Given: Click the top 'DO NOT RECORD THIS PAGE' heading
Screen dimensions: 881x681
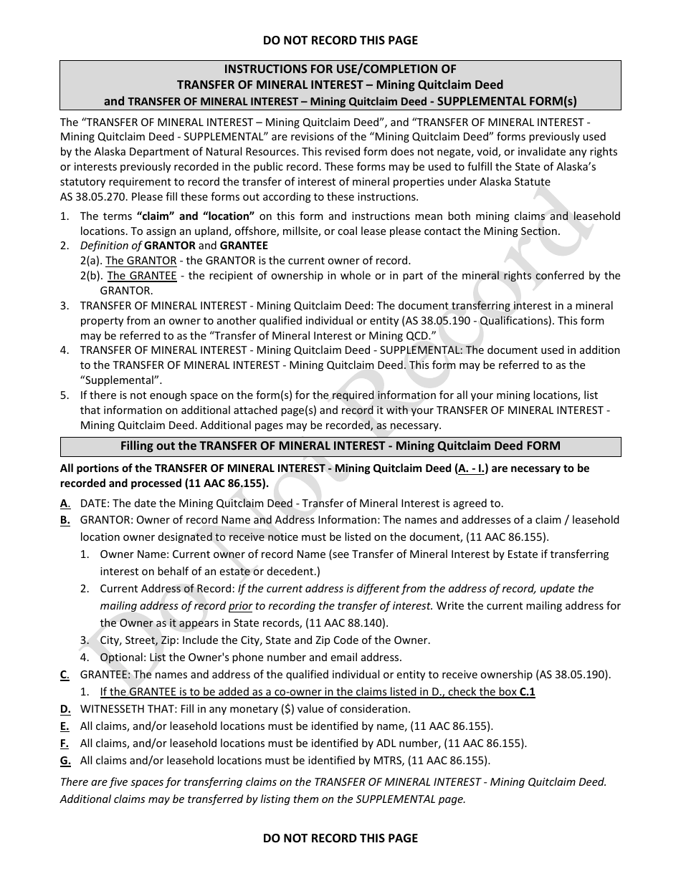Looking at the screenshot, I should [340, 40].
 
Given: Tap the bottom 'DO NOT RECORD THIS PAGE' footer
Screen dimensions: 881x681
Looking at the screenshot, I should [340, 837].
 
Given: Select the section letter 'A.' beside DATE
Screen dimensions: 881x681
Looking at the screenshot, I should [65, 504].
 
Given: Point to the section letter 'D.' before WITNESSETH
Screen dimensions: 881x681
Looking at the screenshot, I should [65, 709].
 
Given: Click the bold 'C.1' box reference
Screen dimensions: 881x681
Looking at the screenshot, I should [527, 692].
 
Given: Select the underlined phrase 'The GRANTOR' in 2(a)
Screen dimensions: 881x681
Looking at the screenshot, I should [141, 261].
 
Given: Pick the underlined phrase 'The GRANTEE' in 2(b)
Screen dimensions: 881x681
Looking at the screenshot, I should [142, 276].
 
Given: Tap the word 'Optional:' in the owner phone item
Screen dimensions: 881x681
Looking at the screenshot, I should [123, 658].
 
